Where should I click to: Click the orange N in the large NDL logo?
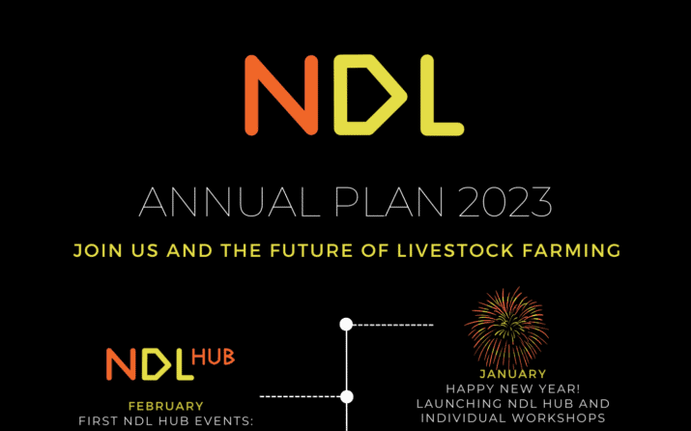tap(280, 95)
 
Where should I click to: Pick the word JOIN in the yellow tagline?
tap(96, 250)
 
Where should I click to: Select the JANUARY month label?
tap(512, 374)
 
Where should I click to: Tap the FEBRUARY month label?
tap(166, 406)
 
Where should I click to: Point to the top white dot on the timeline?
tap(346, 324)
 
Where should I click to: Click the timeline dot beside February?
tap(347, 396)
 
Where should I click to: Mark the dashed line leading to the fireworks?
tap(391, 325)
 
